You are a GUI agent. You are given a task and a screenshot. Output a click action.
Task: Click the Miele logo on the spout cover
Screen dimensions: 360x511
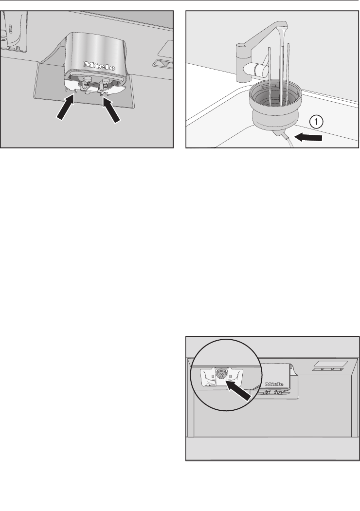coord(100,66)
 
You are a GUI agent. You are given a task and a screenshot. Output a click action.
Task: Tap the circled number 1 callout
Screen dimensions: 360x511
coord(316,122)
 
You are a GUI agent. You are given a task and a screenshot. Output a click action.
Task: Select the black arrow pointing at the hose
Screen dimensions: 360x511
coord(310,138)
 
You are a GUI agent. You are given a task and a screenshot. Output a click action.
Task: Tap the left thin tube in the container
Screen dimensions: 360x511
coord(269,74)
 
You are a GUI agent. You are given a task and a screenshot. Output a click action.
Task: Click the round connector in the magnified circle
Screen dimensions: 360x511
coord(221,375)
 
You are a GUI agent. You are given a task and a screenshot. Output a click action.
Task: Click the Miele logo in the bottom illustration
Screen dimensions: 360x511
coord(274,384)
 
